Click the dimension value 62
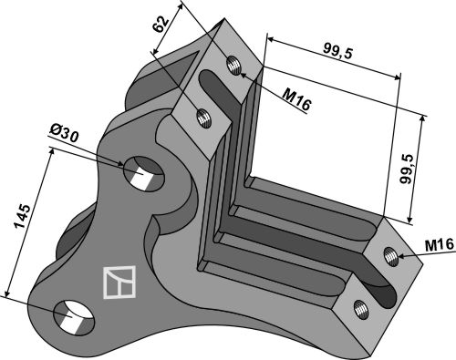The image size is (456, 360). click(x=161, y=24)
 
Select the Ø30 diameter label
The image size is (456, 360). click(x=64, y=134)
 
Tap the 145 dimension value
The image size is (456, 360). click(x=23, y=216)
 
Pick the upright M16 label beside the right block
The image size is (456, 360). click(x=440, y=245)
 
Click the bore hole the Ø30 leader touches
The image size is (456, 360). click(x=144, y=173)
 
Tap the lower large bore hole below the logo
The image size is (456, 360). click(x=74, y=317)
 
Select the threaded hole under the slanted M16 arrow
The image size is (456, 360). click(x=233, y=65)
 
